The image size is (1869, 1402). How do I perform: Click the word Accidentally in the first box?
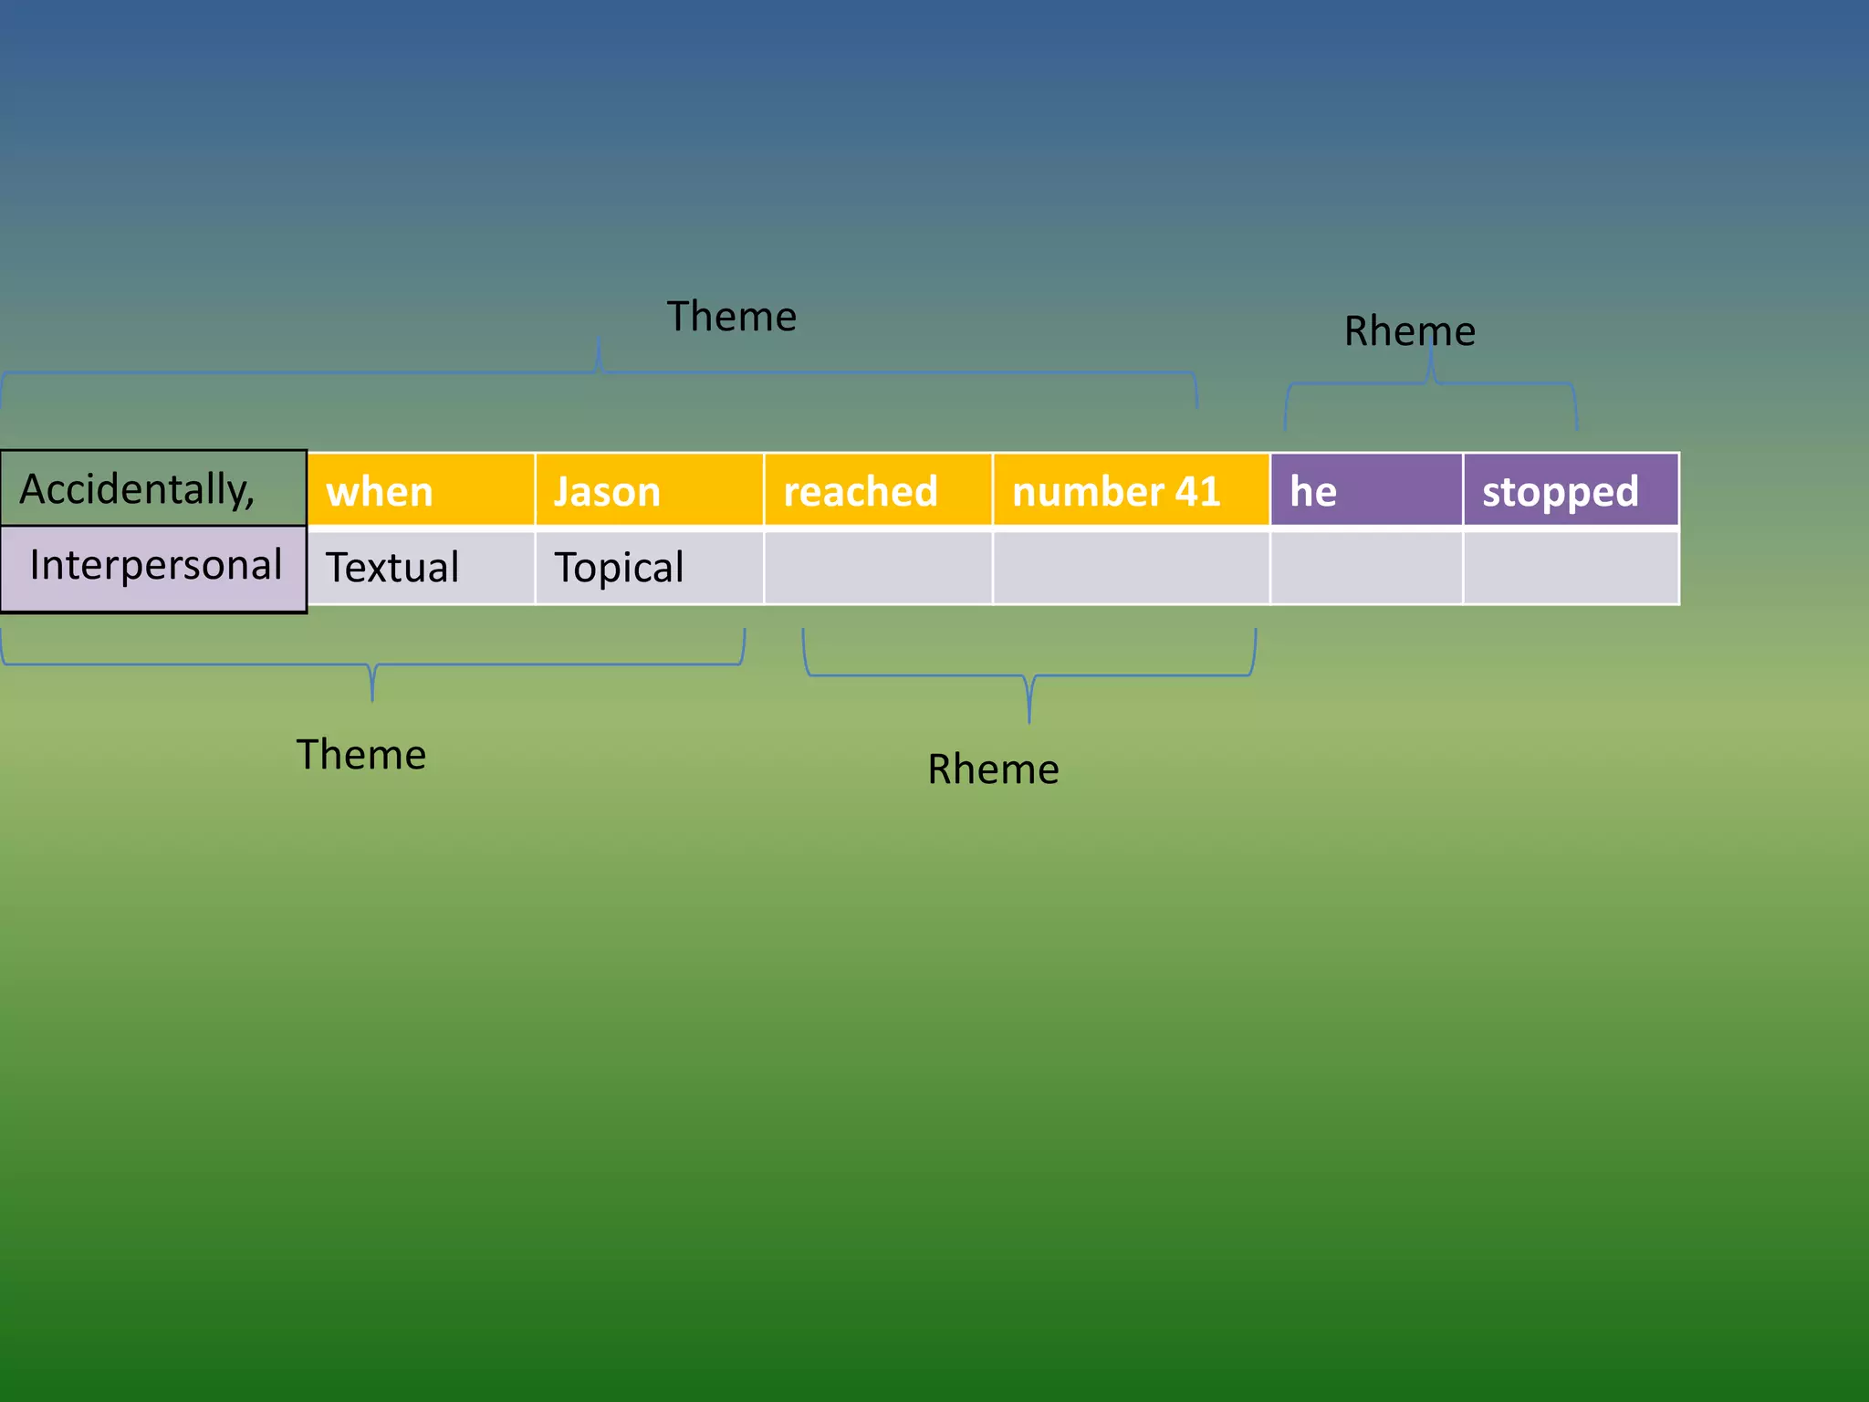point(137,489)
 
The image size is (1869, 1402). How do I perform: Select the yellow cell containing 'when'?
point(421,491)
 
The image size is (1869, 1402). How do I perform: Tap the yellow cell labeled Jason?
point(649,491)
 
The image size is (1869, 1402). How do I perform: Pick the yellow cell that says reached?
point(878,491)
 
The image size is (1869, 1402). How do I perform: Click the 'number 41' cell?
point(1131,491)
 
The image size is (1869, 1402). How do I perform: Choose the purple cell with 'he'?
point(1366,491)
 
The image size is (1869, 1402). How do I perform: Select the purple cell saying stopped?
point(1571,491)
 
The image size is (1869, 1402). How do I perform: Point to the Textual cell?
point(421,568)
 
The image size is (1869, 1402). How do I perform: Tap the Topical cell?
point(649,568)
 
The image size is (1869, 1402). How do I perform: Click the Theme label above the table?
point(731,317)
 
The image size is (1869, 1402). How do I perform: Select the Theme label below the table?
point(361,755)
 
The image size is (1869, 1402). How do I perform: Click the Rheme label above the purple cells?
point(1409,331)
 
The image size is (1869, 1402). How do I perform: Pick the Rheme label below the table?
point(993,769)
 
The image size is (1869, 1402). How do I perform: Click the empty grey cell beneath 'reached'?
point(878,568)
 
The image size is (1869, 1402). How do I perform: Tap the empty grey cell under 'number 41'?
point(1131,568)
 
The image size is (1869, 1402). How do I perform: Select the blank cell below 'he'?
point(1366,568)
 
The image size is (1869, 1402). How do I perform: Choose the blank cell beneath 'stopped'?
point(1571,568)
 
